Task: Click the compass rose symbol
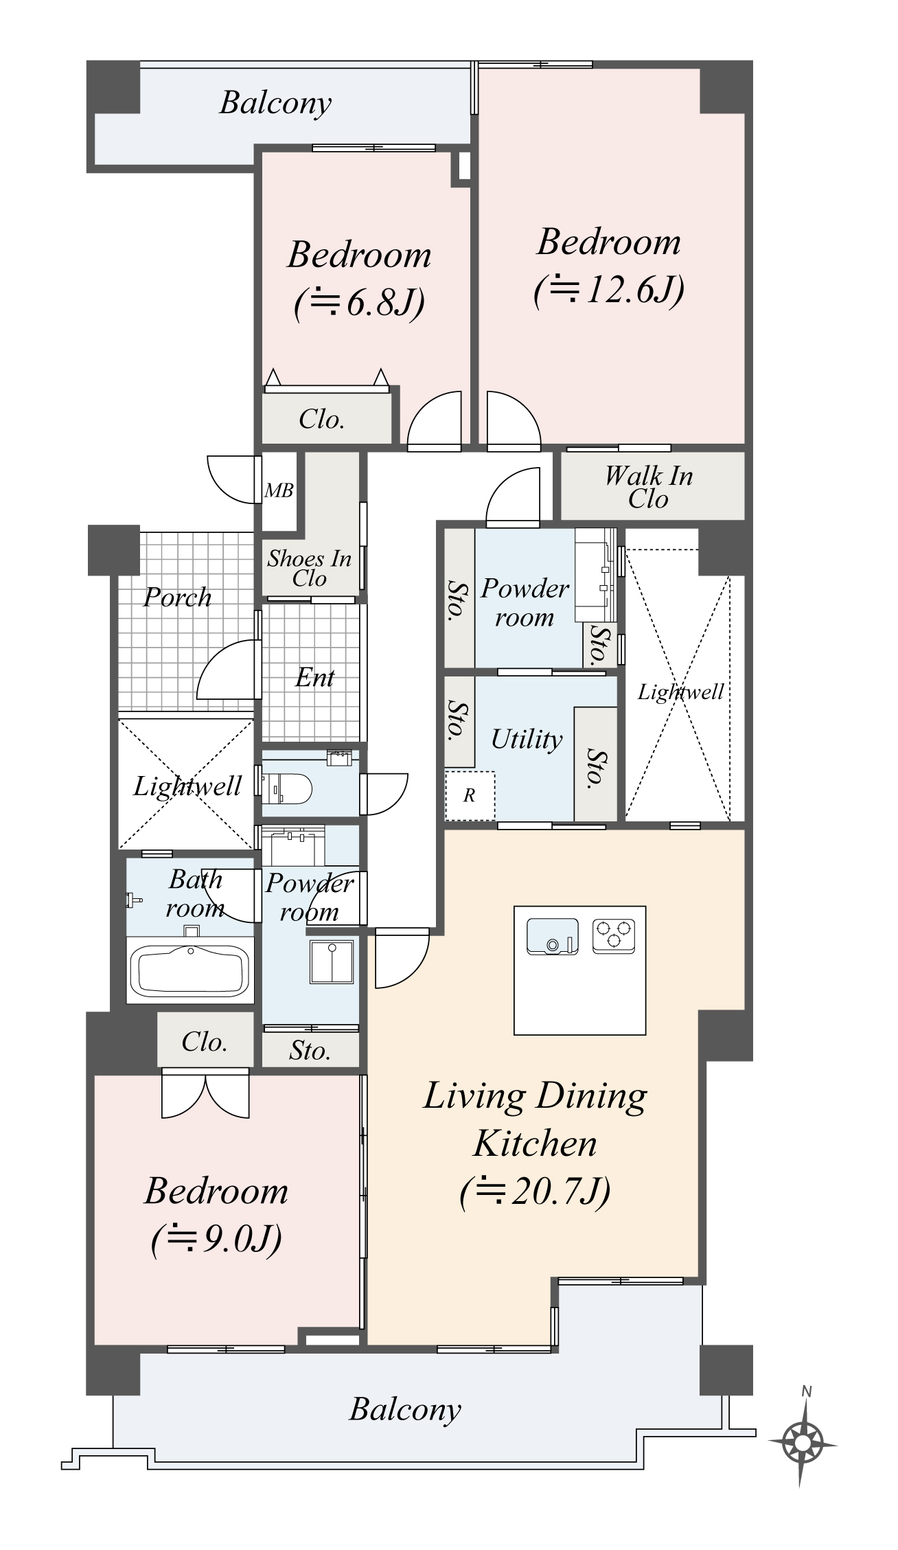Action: pyautogui.click(x=803, y=1443)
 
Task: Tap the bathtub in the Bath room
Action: pyautogui.click(x=190, y=970)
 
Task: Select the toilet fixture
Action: pyautogui.click(x=296, y=789)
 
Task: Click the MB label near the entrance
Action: pyautogui.click(x=279, y=490)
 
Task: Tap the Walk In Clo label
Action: pyautogui.click(x=649, y=487)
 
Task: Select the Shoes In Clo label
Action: pyautogui.click(x=309, y=568)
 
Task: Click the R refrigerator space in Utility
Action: pyautogui.click(x=470, y=795)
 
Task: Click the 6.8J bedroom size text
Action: pyautogui.click(x=360, y=303)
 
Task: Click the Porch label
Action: pyautogui.click(x=177, y=597)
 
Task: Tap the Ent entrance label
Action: pyautogui.click(x=314, y=678)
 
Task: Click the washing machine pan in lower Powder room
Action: pyautogui.click(x=332, y=962)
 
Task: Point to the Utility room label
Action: pyautogui.click(x=527, y=740)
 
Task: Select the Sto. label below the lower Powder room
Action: pyautogui.click(x=310, y=1051)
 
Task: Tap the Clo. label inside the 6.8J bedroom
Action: pyautogui.click(x=321, y=419)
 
